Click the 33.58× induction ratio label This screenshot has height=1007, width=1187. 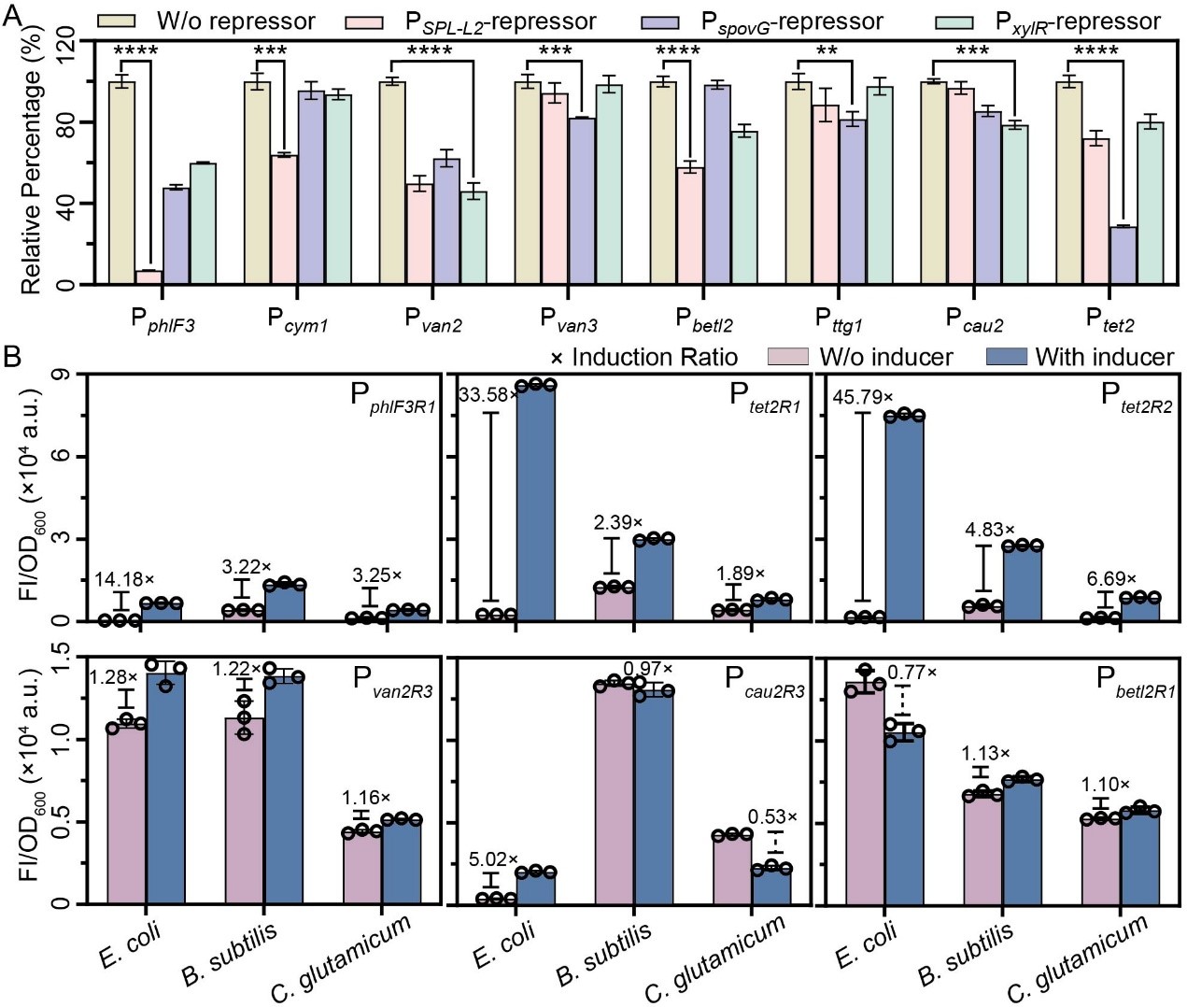pos(488,395)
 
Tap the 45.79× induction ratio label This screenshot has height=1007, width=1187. pos(863,397)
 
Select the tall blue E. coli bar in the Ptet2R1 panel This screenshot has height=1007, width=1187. pos(535,502)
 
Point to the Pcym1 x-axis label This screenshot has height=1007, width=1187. pos(297,320)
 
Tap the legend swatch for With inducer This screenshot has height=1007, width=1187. pos(1006,357)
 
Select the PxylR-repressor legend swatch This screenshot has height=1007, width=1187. pos(954,21)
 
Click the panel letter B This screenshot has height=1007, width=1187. pos(12,356)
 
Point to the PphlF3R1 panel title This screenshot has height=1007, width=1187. pos(392,397)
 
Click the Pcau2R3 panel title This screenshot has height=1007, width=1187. pos(764,681)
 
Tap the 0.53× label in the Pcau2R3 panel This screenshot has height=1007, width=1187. pos(773,817)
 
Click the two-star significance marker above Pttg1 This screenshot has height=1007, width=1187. pos(827,50)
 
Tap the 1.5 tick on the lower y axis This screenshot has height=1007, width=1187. pos(62,658)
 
